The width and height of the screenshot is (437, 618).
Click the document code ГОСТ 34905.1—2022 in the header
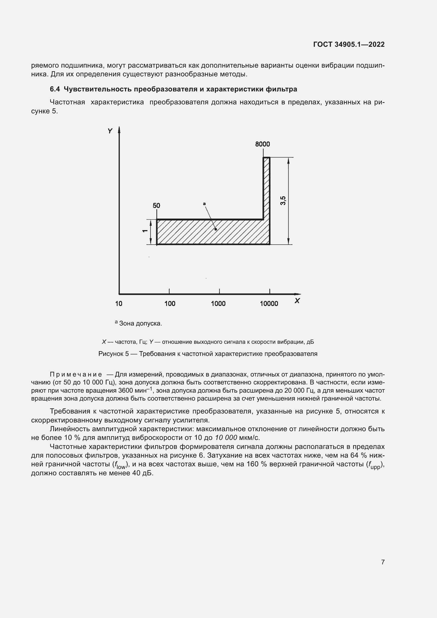click(x=349, y=44)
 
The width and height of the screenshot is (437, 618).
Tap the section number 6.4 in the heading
click(x=55, y=89)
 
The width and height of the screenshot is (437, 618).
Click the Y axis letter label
click(x=110, y=131)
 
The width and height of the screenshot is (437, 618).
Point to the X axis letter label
click(x=297, y=301)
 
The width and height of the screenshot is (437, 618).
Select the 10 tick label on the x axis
click(x=119, y=304)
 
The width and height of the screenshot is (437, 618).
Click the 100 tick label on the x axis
click(x=170, y=304)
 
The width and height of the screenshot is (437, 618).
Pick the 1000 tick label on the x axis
click(x=218, y=304)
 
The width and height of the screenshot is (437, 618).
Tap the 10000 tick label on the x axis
click(x=269, y=304)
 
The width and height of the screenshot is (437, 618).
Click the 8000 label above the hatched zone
click(x=262, y=144)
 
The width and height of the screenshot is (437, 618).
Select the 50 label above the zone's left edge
click(x=156, y=206)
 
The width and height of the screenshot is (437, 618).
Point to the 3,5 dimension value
click(x=283, y=201)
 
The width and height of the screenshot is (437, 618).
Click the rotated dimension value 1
click(x=145, y=231)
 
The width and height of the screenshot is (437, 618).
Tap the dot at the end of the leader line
click(x=216, y=229)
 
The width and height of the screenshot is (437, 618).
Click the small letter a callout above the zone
click(x=204, y=204)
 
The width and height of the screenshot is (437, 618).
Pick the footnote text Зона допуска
click(x=141, y=323)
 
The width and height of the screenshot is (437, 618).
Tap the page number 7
click(x=383, y=562)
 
